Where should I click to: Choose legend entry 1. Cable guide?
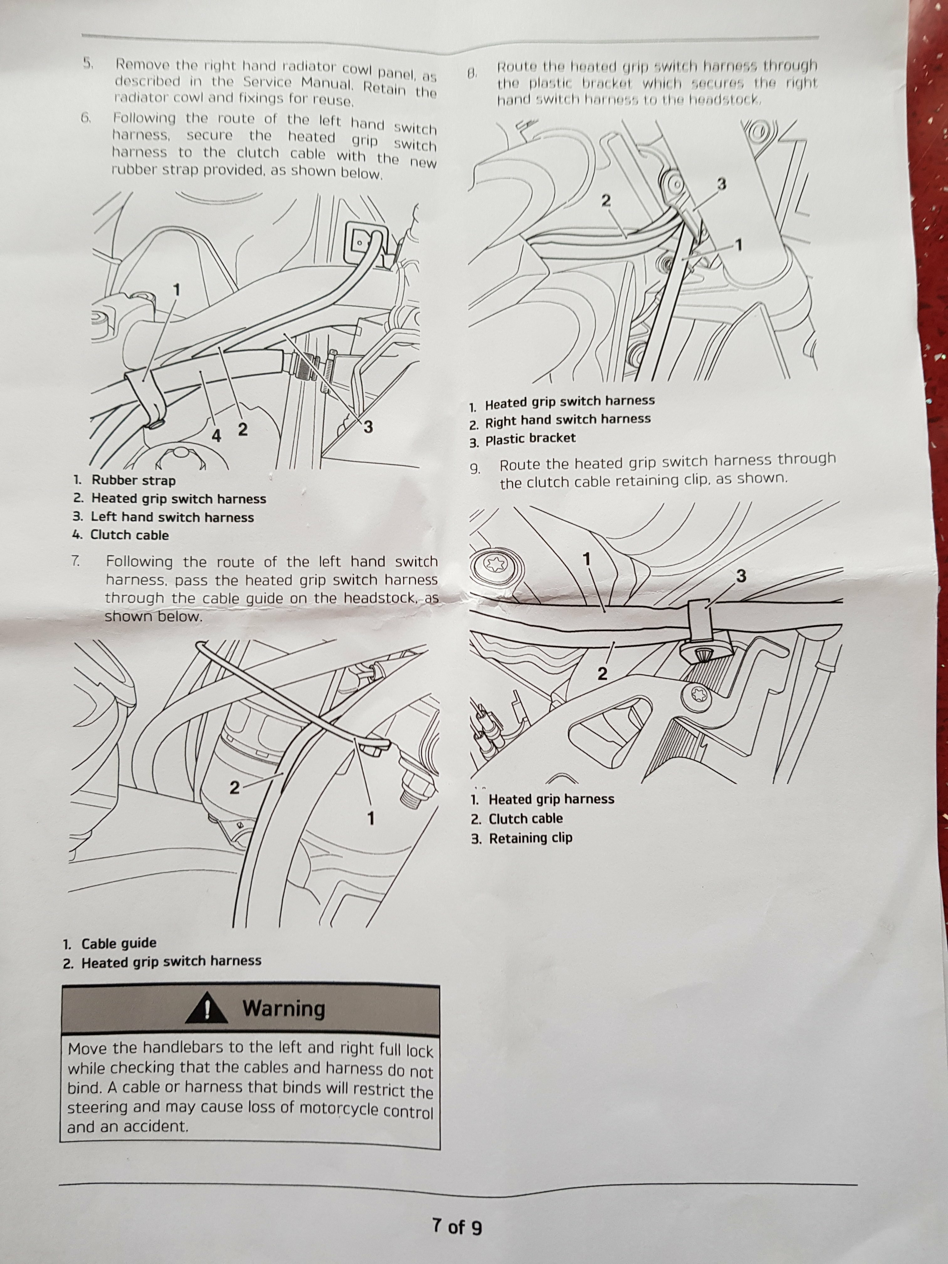click(110, 943)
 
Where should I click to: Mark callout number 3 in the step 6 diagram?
click(369, 426)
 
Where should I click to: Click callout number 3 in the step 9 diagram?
click(741, 576)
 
